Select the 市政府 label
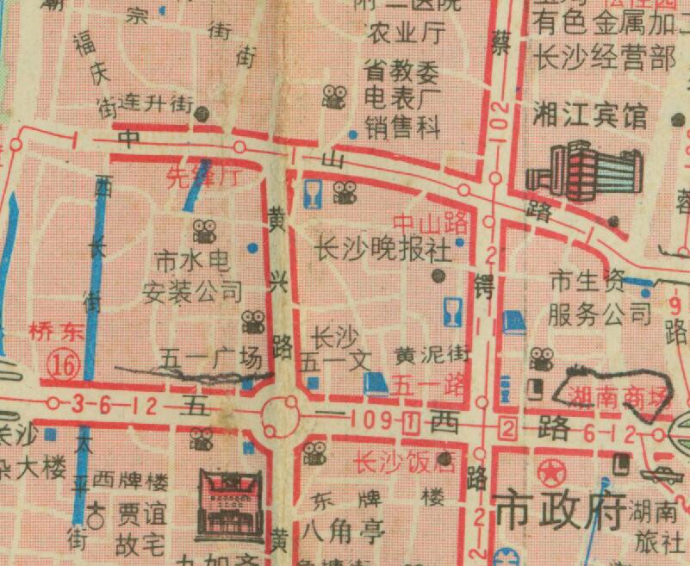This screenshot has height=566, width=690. tap(559, 513)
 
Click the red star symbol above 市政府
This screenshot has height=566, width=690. tap(550, 472)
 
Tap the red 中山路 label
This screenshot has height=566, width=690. tap(430, 223)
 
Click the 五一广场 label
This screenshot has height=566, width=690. tap(211, 359)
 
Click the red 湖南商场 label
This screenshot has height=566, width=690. tap(619, 396)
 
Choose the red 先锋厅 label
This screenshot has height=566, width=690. tap(200, 178)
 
